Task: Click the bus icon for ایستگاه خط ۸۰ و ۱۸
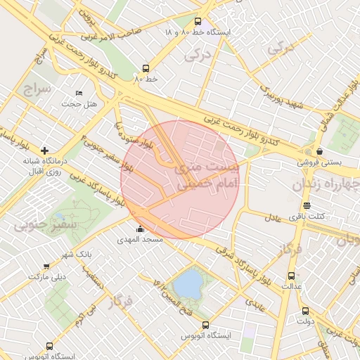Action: pos(198,22)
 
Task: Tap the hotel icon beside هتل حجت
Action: pos(79,93)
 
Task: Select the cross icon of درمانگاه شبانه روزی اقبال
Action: pos(45,150)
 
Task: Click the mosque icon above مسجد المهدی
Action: pos(140,229)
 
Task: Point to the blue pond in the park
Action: pos(188,284)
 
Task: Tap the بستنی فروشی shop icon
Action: pos(320,151)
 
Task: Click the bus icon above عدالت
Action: pos(292,276)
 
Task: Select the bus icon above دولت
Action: pos(304,311)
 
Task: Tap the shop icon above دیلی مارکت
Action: pos(46,266)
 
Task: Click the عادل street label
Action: pos(273,217)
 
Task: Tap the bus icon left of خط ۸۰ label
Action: pos(146,68)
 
